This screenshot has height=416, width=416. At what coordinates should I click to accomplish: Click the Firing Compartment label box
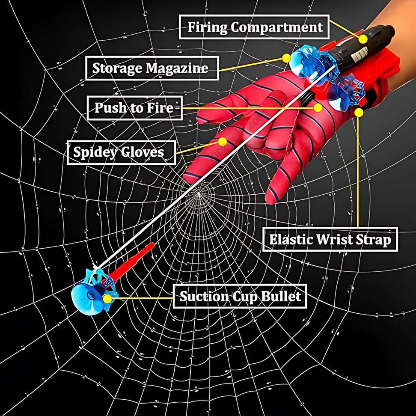pos(255,27)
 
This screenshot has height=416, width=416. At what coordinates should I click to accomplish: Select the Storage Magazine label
pos(151,68)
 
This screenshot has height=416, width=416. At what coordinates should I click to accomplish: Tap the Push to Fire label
pos(134,108)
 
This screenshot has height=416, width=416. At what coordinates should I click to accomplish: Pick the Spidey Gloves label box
pos(121,152)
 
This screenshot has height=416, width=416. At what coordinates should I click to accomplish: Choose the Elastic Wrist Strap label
pos(330,240)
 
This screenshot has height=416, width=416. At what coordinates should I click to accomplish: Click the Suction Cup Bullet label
pos(240,296)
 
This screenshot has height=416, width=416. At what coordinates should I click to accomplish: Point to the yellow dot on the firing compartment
pos(363,39)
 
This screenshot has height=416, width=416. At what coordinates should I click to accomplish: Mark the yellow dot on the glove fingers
pos(222,142)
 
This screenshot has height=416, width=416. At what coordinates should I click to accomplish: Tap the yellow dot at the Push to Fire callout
pos(318,107)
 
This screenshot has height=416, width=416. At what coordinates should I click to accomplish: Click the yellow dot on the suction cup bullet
pos(108,297)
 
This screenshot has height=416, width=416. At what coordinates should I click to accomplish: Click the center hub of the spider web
pos(198,195)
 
